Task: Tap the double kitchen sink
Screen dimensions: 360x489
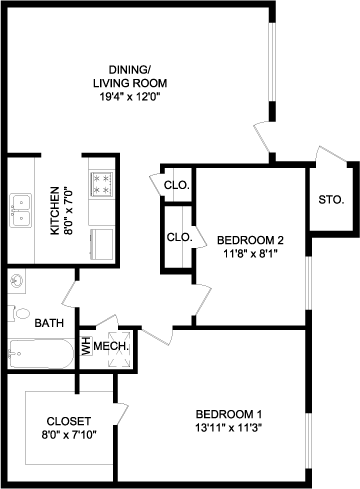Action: [21, 210]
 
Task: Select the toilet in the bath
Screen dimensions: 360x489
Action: [19, 313]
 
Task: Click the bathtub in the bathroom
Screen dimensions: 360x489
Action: [41, 354]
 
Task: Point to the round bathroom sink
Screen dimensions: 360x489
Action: [16, 282]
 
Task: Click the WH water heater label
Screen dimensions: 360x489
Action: [87, 346]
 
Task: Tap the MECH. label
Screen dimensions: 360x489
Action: [111, 346]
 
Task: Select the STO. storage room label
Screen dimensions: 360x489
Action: [331, 200]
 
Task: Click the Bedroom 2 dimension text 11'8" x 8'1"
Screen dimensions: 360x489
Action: [250, 254]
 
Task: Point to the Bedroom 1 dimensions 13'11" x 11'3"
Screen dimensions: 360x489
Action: [229, 428]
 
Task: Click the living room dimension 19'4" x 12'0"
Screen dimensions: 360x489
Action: [130, 97]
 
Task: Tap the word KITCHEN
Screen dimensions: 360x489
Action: [55, 211]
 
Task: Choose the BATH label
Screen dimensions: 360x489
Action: [49, 323]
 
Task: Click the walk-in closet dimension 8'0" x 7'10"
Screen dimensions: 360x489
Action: [69, 435]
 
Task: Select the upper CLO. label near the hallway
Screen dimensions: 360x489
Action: [177, 185]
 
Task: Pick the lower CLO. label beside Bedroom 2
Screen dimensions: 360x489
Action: [180, 237]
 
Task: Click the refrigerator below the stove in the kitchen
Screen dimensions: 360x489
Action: [102, 244]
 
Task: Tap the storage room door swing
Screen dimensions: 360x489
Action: [330, 154]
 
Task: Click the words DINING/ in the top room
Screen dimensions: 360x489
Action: [130, 70]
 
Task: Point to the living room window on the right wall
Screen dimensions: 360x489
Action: [273, 62]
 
